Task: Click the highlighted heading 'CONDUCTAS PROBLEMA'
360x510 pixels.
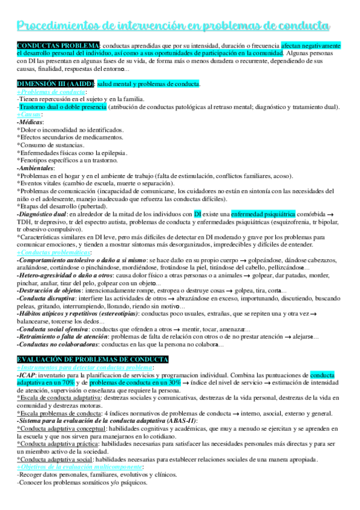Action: [x=58, y=46]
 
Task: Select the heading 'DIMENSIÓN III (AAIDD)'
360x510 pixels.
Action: [x=55, y=83]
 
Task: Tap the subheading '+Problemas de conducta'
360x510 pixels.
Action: [x=51, y=91]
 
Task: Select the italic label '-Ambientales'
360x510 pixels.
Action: [x=37, y=168]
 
